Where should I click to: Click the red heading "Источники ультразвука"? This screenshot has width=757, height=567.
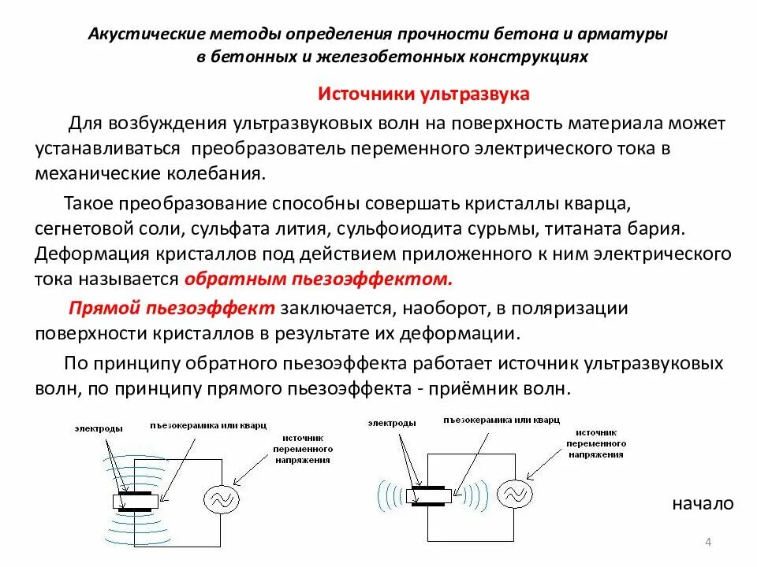pos(423,94)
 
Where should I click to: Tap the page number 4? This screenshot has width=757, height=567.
pos(707,542)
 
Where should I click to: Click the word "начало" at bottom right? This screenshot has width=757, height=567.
pos(703,504)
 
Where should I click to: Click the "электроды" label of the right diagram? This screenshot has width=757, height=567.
pos(391,423)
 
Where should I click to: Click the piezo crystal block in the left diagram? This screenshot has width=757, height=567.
pos(138,500)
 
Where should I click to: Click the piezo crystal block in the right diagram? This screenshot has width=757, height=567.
pos(430,495)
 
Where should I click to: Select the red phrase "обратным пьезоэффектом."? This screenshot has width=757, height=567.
pos(319,280)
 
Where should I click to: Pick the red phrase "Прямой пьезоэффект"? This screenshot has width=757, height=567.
pos(172,307)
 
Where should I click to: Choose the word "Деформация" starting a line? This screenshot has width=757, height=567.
pos(87,254)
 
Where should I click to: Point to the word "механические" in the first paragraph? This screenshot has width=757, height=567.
pos(88,172)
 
